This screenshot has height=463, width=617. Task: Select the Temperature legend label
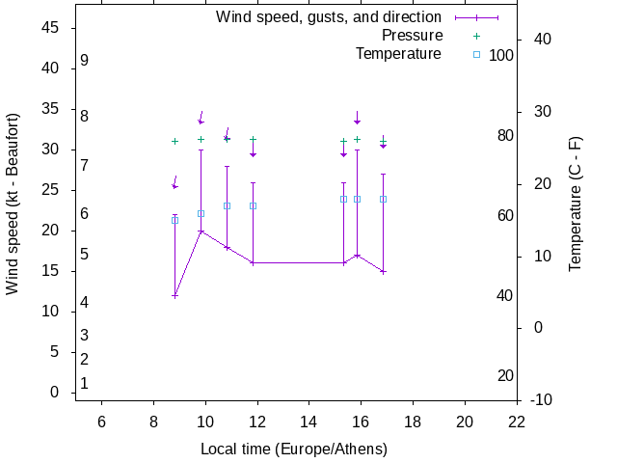click(398, 54)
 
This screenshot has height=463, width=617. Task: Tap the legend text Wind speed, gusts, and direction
click(328, 17)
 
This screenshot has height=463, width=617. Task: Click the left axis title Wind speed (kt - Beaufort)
click(13, 204)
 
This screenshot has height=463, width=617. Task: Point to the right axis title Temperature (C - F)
click(576, 204)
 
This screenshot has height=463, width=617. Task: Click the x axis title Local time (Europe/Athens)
click(294, 449)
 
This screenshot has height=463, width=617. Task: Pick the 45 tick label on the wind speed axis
click(53, 28)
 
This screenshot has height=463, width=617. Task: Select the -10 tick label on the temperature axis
click(542, 399)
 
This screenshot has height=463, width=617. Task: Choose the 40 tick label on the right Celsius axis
click(542, 40)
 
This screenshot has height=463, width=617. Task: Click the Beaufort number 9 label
click(85, 61)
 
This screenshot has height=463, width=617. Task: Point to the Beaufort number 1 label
click(85, 384)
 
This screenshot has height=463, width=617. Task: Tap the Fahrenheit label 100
click(501, 56)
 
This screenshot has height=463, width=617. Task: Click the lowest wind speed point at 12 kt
click(174, 295)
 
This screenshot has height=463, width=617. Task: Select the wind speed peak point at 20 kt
click(201, 231)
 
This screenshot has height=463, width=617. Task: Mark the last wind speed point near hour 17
click(383, 271)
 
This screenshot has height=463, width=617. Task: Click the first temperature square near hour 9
click(174, 220)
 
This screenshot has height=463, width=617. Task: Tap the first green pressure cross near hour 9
click(174, 141)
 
